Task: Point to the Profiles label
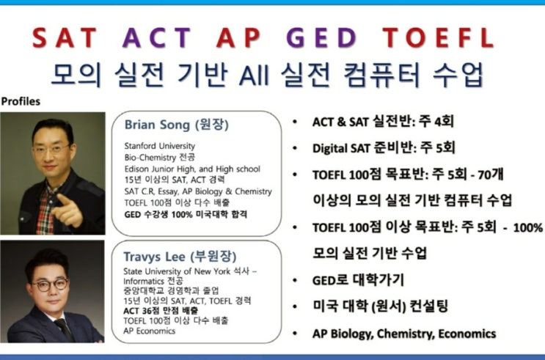point(21,101)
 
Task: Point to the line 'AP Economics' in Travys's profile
point(149,331)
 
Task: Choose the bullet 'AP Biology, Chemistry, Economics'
point(403,334)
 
